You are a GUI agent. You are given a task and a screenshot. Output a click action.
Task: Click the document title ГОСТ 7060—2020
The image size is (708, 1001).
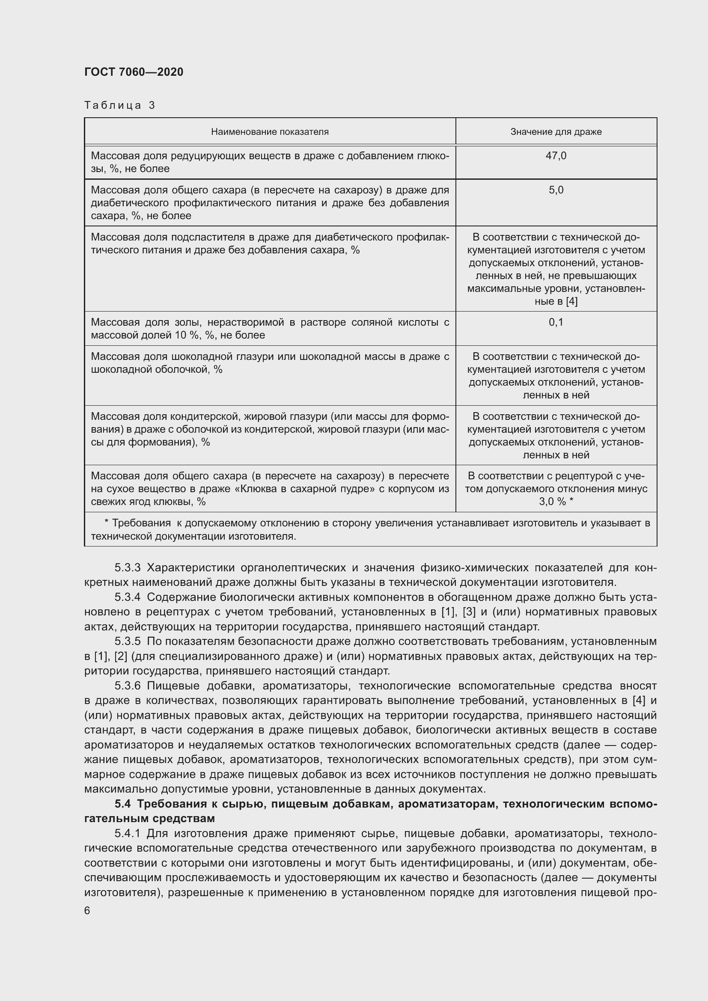coord(134,72)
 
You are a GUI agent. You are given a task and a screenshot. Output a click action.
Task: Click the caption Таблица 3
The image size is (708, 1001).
coord(120,105)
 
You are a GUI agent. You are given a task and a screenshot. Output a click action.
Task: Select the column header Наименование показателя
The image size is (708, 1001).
coord(270,132)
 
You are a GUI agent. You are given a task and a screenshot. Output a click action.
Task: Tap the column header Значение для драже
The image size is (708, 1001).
coord(556,132)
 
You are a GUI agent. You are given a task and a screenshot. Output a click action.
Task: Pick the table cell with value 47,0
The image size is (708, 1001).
coord(556,156)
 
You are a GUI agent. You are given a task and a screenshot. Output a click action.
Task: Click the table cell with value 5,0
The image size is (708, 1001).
coord(556,190)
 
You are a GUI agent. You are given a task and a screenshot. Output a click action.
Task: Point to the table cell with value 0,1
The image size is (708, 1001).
coord(556,322)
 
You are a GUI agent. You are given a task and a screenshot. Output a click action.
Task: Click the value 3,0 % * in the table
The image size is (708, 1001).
coord(556,502)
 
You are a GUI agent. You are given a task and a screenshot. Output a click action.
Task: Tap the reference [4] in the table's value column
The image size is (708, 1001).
coord(571,301)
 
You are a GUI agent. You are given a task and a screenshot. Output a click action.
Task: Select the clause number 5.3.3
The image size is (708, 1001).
coord(127,567)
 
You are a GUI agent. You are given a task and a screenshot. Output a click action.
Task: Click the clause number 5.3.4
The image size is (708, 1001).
coord(127,597)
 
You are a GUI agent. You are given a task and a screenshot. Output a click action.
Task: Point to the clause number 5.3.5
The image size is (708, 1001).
coord(127,642)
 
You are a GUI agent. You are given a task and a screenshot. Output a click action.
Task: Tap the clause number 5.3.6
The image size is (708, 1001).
coord(127,686)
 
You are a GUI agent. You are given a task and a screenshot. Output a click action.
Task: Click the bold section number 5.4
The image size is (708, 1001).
coord(123,804)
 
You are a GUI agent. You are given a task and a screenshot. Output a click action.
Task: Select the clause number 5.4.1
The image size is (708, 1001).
coord(127,834)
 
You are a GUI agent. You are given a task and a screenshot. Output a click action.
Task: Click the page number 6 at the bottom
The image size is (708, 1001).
coord(87,911)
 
